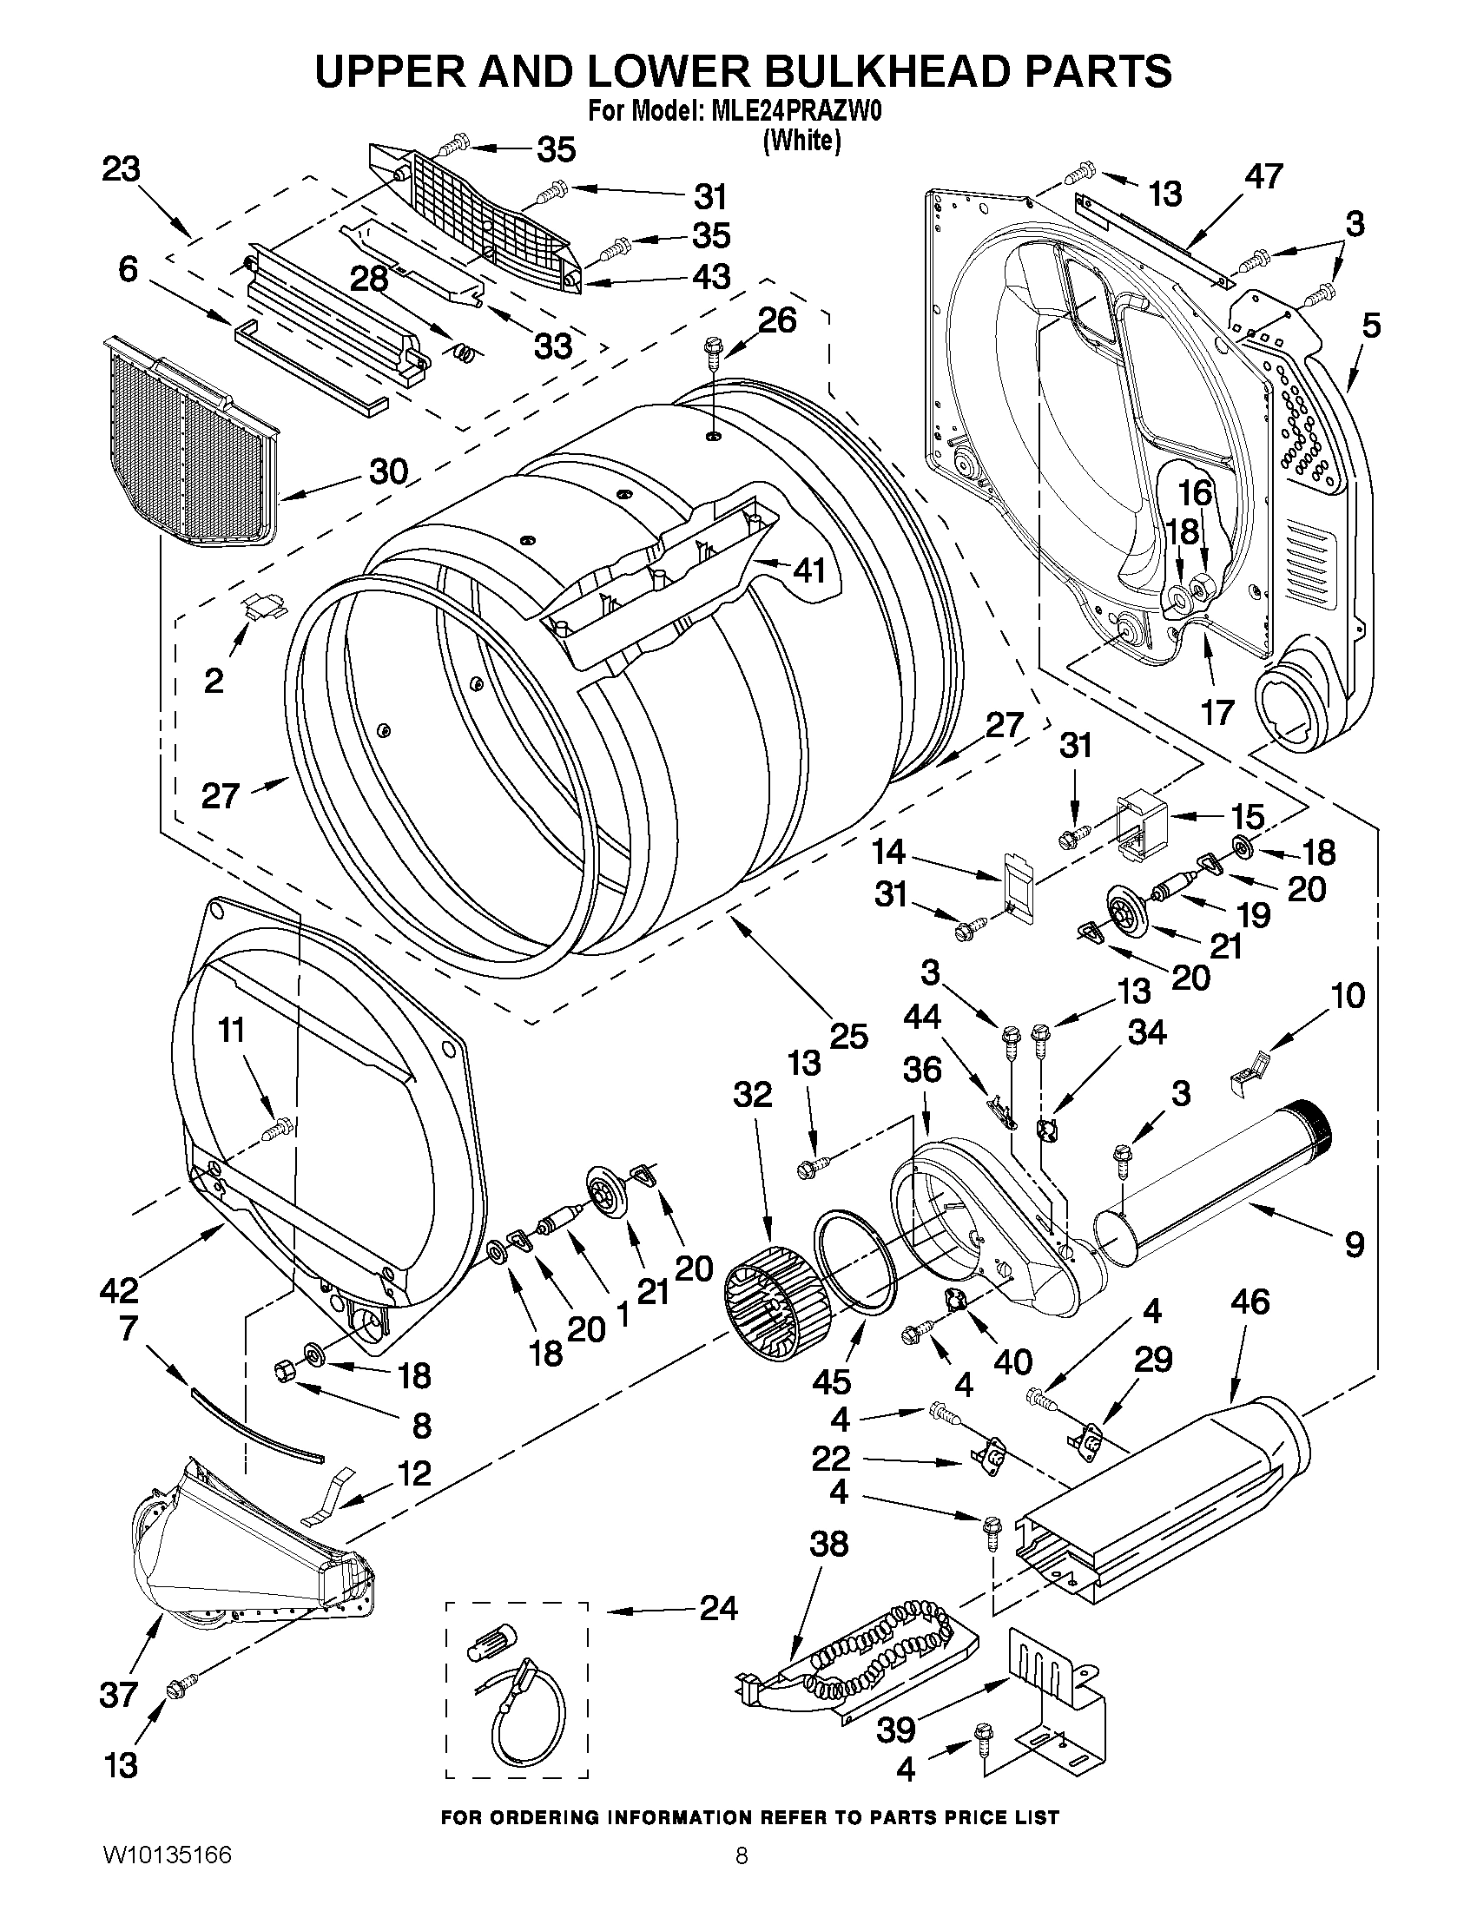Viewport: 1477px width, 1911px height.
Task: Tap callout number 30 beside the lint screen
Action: [388, 471]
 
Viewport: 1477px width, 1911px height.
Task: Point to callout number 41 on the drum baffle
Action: [809, 570]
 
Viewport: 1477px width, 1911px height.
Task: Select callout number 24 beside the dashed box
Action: [717, 1608]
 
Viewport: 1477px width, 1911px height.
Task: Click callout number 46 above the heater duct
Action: [1250, 1302]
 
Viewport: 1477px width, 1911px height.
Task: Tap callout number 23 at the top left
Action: [121, 169]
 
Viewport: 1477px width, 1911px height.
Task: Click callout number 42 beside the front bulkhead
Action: [119, 1288]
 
